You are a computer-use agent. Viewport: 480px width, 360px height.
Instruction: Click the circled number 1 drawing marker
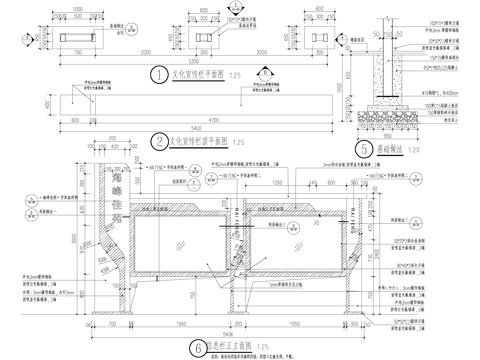click(157, 75)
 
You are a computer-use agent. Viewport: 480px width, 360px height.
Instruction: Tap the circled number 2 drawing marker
click(159, 141)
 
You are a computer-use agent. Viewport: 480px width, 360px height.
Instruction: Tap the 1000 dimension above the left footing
click(79, 7)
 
